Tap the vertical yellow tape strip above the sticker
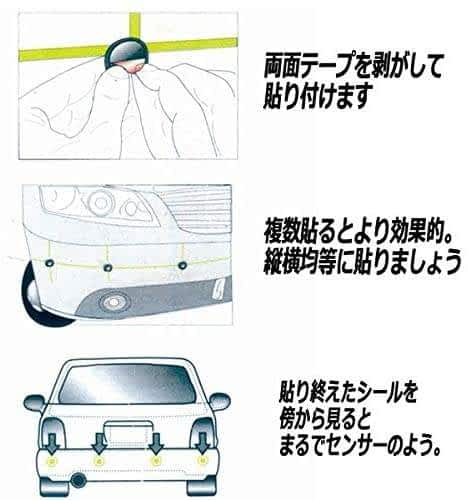click(135, 26)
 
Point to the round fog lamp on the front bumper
click(114, 302)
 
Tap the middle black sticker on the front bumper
click(108, 267)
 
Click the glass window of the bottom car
click(127, 383)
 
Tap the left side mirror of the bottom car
click(35, 403)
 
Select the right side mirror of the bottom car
click(219, 401)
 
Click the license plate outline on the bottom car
click(128, 433)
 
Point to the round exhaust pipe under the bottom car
click(79, 480)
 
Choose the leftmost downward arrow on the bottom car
click(53, 443)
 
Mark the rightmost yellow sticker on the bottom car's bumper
click(202, 460)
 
